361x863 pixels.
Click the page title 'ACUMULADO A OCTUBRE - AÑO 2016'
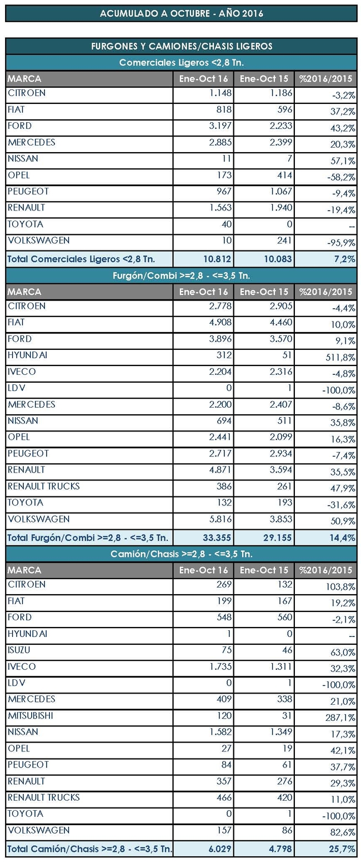182,13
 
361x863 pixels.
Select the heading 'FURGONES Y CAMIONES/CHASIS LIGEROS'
182,46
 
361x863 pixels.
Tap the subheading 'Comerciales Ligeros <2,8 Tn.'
182,62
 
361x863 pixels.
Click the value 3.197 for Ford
220,126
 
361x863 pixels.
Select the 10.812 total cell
217,259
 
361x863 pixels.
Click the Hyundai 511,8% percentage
340,358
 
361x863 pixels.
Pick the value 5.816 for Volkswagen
220,519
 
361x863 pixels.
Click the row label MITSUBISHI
31,715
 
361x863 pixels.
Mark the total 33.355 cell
217,538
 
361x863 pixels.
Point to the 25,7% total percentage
343,849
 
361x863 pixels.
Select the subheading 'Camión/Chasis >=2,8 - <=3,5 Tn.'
182,554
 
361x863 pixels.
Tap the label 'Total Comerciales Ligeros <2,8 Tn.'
81,259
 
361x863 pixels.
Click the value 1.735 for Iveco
220,666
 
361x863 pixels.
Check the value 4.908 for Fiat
220,323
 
